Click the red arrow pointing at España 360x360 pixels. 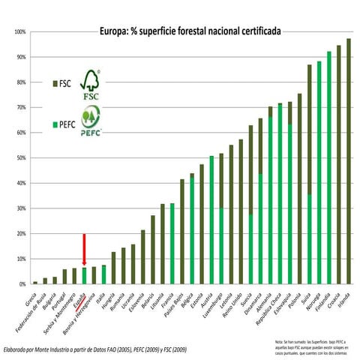click(x=84, y=248)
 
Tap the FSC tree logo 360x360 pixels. click(x=90, y=84)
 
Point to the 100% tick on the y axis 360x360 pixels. click(x=19, y=32)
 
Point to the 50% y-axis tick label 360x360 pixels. click(x=19, y=158)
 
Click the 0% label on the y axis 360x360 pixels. click(x=21, y=284)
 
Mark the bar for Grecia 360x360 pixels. click(x=35, y=283)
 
